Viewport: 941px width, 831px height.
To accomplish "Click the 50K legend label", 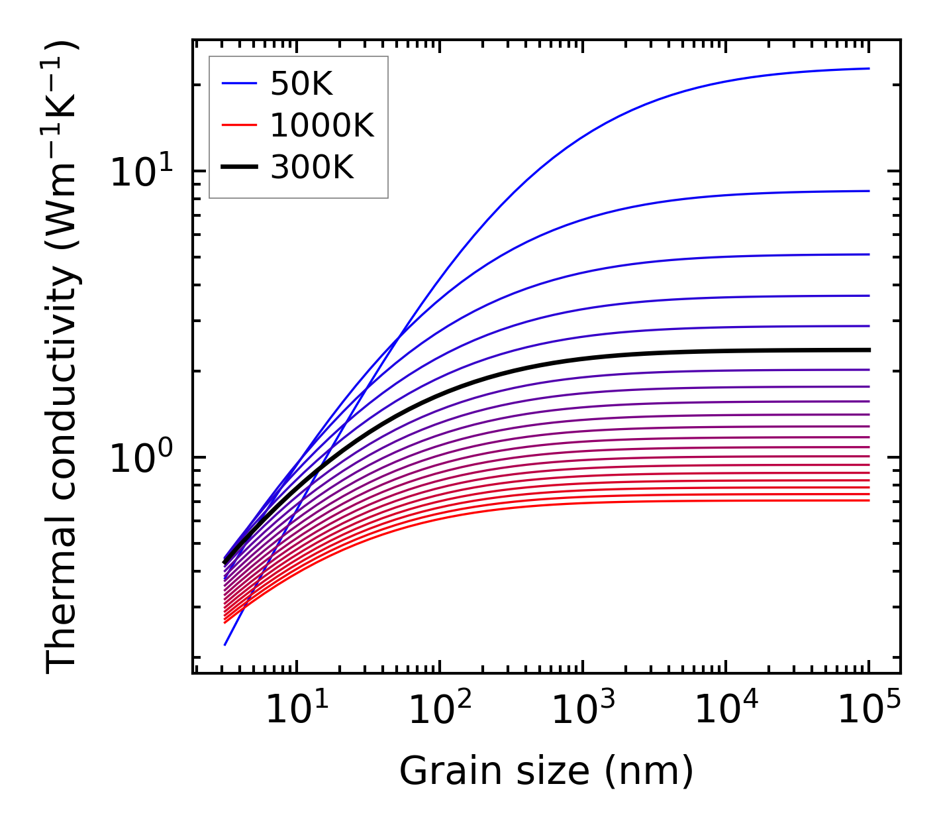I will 301,84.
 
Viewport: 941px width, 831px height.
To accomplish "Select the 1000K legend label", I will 322,126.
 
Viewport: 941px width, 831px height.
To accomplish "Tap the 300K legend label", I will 312,168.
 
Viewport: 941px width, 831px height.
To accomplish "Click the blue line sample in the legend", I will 239,83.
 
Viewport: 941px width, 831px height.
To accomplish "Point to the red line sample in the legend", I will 239,125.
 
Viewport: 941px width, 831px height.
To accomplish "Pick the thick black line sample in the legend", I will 239,167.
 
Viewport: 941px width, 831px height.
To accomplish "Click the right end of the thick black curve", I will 868,350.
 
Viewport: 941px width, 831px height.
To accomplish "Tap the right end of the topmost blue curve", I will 868,68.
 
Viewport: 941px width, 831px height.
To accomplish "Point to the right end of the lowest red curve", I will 868,500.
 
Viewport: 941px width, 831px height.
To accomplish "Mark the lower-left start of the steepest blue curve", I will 226,644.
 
